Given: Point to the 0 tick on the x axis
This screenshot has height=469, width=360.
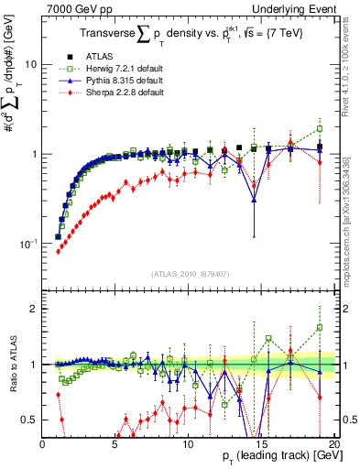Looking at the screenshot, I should click(x=43, y=443).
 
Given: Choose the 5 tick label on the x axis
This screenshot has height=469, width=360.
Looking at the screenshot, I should click(x=115, y=443).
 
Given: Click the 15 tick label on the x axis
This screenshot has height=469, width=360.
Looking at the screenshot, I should click(x=260, y=443).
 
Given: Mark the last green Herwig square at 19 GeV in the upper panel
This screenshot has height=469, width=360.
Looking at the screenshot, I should click(x=319, y=127).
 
